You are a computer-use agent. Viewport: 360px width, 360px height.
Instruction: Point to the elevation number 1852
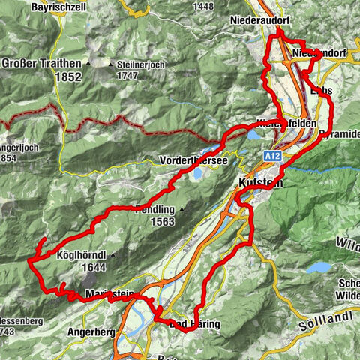click(x=41, y=76)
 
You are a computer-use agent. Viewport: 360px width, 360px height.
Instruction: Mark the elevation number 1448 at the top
click(x=205, y=6)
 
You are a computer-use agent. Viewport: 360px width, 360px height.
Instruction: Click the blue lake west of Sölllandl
click(x=320, y=266)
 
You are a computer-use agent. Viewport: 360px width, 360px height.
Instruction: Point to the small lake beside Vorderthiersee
click(x=196, y=174)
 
